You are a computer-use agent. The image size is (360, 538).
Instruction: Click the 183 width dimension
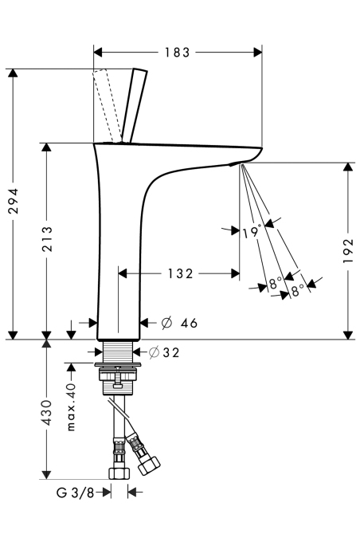[x=177, y=53]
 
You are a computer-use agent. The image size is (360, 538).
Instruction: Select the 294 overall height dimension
[x=14, y=201]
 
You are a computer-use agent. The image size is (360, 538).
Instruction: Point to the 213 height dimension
[x=47, y=239]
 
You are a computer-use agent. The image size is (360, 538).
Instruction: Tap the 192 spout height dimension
[x=348, y=251]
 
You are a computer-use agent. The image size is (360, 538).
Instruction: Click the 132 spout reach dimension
[x=180, y=274]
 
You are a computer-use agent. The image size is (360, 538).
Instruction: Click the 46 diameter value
[x=190, y=323]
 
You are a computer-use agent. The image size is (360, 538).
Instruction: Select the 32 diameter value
[x=171, y=352]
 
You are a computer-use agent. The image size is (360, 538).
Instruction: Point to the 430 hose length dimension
[x=47, y=413]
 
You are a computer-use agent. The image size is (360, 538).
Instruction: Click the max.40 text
[x=71, y=407]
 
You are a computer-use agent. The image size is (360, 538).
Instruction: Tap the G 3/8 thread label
[x=75, y=493]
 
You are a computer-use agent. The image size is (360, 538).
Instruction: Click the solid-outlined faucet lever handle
[x=135, y=105]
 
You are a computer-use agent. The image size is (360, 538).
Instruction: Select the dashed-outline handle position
[x=107, y=105]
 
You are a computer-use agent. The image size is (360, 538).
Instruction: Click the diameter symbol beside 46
[x=166, y=323]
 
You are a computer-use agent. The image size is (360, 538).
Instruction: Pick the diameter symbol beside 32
[x=154, y=352]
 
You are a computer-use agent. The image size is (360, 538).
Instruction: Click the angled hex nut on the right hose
[x=149, y=465]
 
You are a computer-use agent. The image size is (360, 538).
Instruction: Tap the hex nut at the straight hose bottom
[x=119, y=473]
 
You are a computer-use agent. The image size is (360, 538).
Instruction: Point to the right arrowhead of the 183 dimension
[x=257, y=53]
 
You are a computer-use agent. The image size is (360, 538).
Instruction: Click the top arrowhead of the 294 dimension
[x=13, y=73]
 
